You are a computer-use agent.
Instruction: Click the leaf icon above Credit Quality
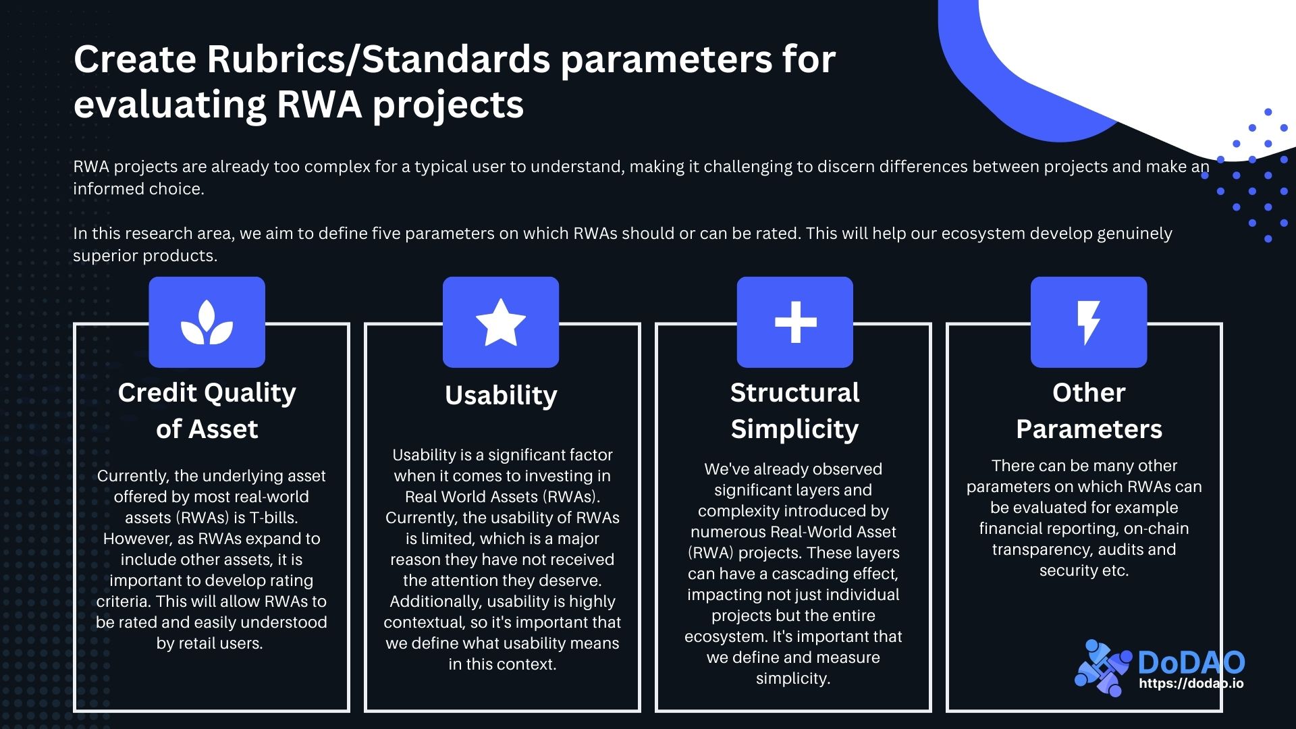[207, 322]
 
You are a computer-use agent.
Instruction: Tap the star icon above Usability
[500, 323]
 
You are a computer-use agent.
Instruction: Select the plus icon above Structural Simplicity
[794, 322]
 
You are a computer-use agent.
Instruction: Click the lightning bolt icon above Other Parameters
[1088, 322]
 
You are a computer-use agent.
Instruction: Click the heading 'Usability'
[501, 396]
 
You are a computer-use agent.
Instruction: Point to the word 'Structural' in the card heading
[794, 393]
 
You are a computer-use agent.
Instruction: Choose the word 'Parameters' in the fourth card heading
[1089, 429]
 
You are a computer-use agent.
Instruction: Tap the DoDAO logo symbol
[1102, 668]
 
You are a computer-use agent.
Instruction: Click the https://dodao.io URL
[1191, 683]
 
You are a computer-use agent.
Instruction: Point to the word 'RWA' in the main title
[319, 105]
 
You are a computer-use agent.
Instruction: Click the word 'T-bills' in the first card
[273, 518]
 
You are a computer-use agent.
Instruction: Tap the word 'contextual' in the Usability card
[424, 622]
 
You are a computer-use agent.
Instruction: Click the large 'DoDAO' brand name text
[1191, 662]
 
